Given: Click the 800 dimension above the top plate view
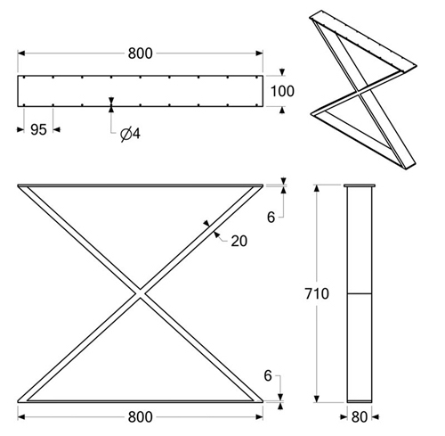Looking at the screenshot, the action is tap(140, 53).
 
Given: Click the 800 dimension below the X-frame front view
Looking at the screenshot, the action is tap(140, 417).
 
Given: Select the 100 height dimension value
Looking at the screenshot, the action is tap(282, 91).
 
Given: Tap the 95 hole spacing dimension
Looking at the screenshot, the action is tap(38, 129).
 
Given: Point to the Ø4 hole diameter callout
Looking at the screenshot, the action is tap(130, 135).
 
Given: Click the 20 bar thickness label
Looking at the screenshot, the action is tap(239, 241).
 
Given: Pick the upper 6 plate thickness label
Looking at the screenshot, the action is tap(271, 218).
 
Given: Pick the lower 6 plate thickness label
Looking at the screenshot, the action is tap(268, 376).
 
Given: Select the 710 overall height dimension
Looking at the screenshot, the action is tap(317, 294).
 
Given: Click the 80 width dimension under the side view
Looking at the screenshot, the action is tap(360, 417).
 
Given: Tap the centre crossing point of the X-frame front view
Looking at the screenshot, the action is tap(140, 294).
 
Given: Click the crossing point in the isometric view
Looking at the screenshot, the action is tap(360, 93).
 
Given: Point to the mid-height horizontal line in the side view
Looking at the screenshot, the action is tap(360, 293).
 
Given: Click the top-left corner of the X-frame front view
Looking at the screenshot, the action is tap(18, 185).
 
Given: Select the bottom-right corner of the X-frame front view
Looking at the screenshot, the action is tap(263, 402).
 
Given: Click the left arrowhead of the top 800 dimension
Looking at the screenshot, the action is tap(21, 53).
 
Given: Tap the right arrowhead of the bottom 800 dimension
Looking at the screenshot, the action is tap(260, 417).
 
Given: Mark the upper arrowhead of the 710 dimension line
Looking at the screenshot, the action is tap(317, 188).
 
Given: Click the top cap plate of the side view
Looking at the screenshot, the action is tap(360, 186).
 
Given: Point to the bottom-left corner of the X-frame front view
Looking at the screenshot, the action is tap(18, 402).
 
